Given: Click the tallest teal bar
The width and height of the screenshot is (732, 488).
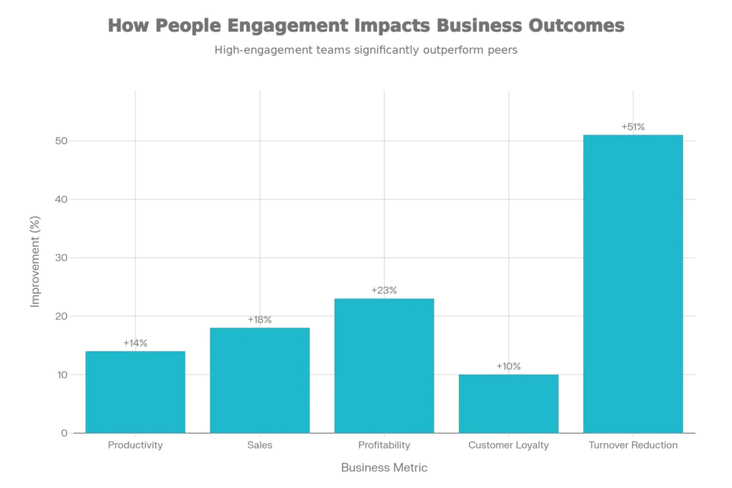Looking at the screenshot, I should [632, 283].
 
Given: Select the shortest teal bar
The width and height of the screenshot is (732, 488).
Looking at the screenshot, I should [508, 403].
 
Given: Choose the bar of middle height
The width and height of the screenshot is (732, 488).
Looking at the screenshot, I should [260, 379].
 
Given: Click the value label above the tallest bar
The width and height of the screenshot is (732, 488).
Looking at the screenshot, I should [633, 125].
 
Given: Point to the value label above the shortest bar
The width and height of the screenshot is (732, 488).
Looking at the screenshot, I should [508, 365].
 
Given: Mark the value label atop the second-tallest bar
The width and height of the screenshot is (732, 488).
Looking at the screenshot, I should [385, 290].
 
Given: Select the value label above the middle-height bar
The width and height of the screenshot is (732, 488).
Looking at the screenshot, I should [260, 320].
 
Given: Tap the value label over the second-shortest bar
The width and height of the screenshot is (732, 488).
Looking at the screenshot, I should [135, 341].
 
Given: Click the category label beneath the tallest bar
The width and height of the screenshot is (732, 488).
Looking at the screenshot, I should [632, 447].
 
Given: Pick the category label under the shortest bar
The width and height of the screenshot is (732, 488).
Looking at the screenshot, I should [508, 447].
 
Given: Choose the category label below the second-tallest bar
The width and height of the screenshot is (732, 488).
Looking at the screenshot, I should [384, 447].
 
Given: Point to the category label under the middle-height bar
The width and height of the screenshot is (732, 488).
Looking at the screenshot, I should [260, 447].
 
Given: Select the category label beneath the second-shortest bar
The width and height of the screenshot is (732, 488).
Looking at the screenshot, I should [135, 447].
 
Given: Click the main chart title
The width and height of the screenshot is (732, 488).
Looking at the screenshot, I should [368, 25].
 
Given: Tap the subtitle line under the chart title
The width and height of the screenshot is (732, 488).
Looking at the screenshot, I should [368, 50].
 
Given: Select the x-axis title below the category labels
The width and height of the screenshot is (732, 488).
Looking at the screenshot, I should [384, 466].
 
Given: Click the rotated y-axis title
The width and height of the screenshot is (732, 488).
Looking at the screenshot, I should [34, 260].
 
